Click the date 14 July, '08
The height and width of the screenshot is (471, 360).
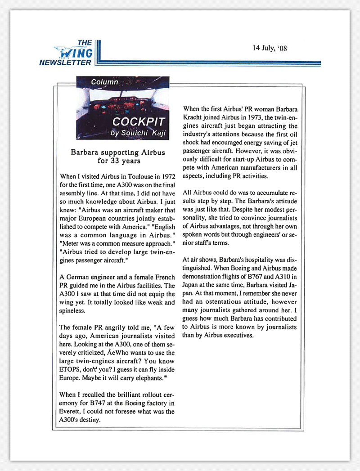(x=270, y=48)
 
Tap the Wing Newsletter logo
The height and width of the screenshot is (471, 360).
(x=72, y=53)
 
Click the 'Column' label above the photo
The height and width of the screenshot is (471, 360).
(x=104, y=82)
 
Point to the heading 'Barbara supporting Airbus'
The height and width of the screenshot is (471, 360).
(x=118, y=153)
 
